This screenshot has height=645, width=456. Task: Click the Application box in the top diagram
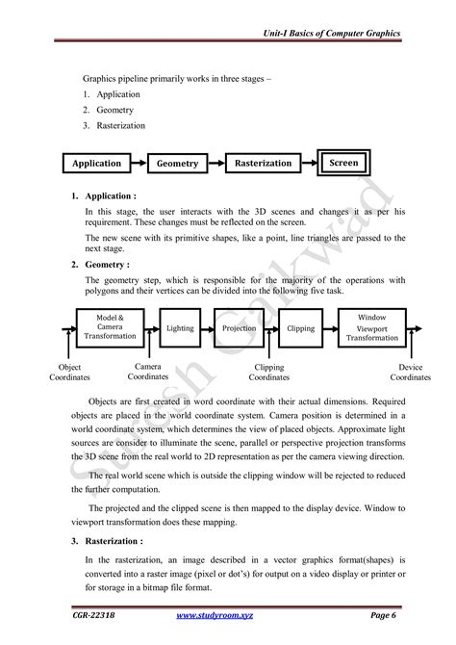point(97,164)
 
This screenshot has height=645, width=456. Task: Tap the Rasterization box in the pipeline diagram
point(263,164)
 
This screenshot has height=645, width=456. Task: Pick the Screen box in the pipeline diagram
point(343,163)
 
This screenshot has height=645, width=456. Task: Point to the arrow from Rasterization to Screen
point(310,164)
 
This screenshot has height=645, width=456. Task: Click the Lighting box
point(180,328)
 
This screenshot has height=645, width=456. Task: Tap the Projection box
point(239,328)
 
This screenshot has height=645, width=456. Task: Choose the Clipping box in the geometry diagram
point(301,328)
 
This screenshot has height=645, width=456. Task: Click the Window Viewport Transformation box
point(371,327)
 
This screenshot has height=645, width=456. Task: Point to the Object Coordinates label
point(69,373)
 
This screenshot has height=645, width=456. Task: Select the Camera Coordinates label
point(147,373)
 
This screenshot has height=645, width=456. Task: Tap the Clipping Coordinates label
point(268,373)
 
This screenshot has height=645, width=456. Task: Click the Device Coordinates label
point(410,373)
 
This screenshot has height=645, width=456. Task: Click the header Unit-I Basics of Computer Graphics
point(331,34)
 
